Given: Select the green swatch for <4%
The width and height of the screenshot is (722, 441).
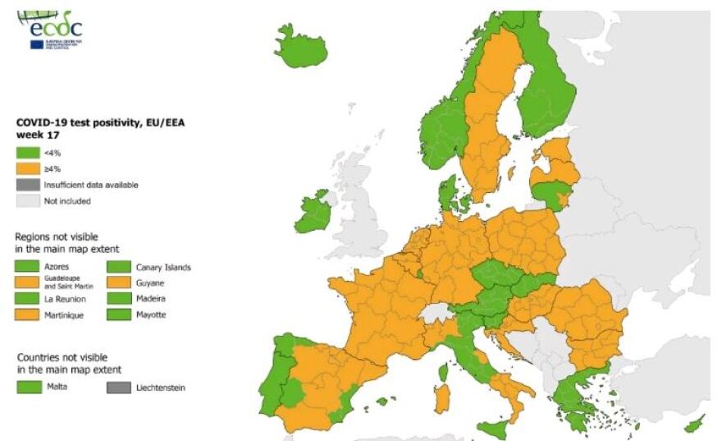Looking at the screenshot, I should [28, 153].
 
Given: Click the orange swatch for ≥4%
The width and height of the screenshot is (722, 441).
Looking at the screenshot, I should [28, 169].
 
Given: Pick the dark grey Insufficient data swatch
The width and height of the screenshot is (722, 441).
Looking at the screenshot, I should [28, 185].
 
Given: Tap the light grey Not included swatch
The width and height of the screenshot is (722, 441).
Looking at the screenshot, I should [28, 200].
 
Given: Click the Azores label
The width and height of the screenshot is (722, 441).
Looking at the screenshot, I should [57, 267].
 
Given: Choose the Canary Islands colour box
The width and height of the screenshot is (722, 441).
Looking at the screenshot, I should [120, 267].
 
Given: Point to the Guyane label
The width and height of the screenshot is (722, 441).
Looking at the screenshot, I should [149, 283].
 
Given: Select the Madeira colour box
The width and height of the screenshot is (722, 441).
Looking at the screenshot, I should [120, 299].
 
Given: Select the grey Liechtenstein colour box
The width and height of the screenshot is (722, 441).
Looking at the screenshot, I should [120, 386].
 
